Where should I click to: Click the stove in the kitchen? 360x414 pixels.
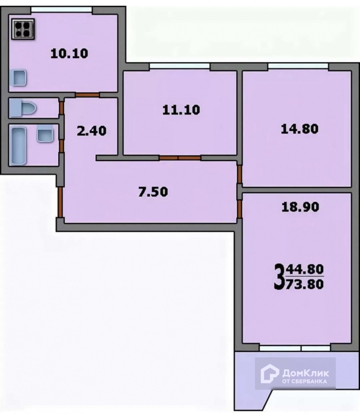coord(23,28)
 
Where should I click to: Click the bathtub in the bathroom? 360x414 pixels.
coord(19,145)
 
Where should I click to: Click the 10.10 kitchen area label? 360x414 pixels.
coord(69,53)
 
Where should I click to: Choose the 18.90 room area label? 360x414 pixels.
coord(299,207)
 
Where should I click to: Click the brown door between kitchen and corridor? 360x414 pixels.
coord(87,95)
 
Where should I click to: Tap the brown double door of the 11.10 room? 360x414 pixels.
coord(180,158)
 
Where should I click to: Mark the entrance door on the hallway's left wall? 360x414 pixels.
coord(60,202)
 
